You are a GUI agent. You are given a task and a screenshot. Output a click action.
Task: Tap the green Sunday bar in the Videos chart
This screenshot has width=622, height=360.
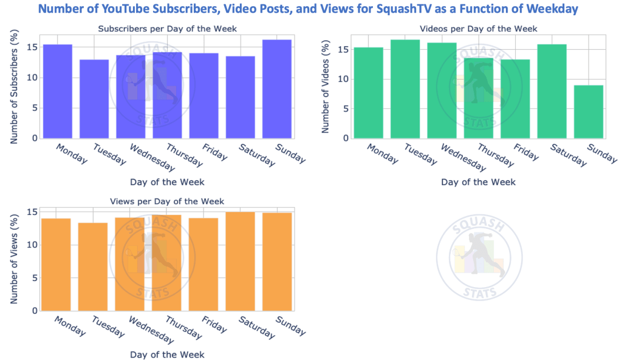click(589, 112)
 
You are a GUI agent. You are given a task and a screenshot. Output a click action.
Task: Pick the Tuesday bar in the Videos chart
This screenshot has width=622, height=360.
click(405, 89)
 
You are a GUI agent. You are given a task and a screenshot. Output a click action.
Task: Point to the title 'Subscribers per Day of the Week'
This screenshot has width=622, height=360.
click(159, 29)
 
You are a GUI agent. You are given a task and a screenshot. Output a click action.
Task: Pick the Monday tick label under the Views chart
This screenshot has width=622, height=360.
click(71, 326)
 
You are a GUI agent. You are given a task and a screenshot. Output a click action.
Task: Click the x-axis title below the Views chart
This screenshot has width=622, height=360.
click(167, 355)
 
